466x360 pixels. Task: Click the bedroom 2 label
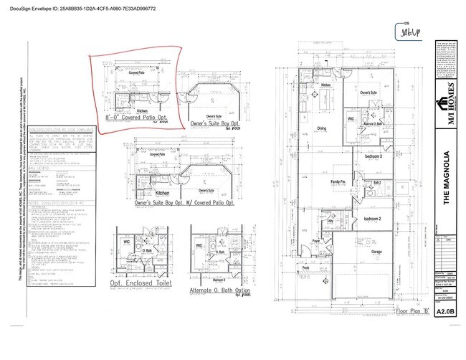click(x=374, y=218)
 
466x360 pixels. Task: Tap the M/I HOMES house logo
click(x=445, y=106)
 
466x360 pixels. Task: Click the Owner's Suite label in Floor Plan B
click(x=368, y=93)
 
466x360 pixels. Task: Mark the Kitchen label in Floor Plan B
click(x=325, y=86)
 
